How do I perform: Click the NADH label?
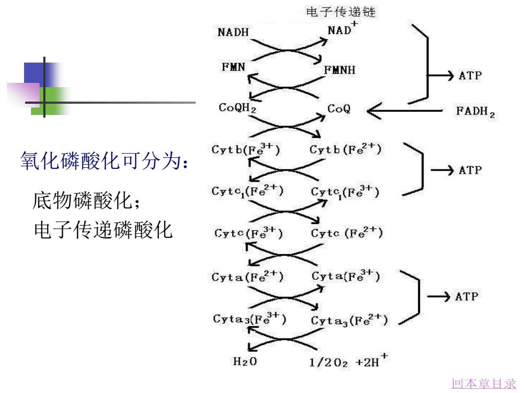[x=233, y=32]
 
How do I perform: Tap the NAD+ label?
[x=343, y=29]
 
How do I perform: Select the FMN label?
[x=234, y=67]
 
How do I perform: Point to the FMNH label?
[x=340, y=70]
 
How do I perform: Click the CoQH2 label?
[x=237, y=107]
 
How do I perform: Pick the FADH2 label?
[x=475, y=111]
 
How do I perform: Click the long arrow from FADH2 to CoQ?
[x=405, y=111]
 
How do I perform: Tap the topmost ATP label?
[x=470, y=75]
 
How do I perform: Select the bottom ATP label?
[x=466, y=296]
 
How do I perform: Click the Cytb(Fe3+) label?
[x=245, y=149]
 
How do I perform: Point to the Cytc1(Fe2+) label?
[x=247, y=191]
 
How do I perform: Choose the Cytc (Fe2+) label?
[x=346, y=233]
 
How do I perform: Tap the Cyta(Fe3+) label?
[x=346, y=276]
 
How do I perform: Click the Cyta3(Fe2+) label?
[x=349, y=320]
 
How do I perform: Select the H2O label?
[x=245, y=361]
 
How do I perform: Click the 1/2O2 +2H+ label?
[x=349, y=360]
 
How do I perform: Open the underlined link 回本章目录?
[x=484, y=383]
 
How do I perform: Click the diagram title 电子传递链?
[x=341, y=12]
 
